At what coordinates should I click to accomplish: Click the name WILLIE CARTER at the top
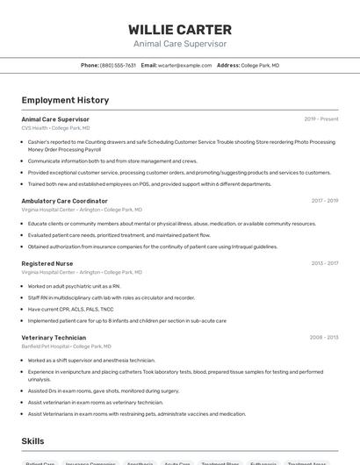180,29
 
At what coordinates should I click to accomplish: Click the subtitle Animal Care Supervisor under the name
180,44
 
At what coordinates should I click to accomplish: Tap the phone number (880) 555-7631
118,66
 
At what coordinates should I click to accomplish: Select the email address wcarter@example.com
184,66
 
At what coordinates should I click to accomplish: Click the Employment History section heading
65,100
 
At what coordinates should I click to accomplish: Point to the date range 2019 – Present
321,119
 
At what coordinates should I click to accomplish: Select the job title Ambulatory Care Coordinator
64,201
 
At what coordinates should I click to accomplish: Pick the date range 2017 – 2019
324,201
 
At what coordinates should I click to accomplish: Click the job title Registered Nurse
47,263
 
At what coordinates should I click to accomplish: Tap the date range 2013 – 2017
324,263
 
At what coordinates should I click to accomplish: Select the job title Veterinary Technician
54,338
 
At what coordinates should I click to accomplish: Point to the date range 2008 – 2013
323,338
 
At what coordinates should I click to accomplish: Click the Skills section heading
32,441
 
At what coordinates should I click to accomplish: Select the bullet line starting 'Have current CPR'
70,310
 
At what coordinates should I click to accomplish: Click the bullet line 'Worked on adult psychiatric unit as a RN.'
74,286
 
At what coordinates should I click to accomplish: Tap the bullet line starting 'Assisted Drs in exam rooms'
104,391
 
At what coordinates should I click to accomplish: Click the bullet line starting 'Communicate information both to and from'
112,161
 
